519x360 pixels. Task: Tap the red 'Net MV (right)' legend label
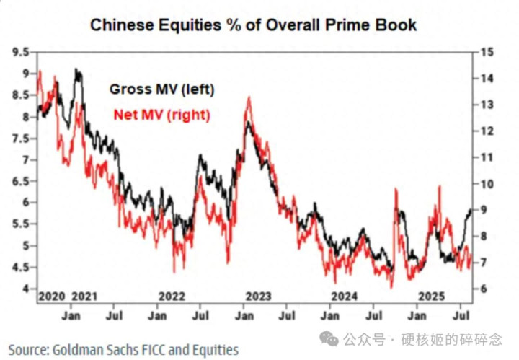tap(161, 114)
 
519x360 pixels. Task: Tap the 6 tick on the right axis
tap(482, 289)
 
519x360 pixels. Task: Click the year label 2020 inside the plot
tap(51, 297)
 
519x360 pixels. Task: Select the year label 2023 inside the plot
tap(257, 297)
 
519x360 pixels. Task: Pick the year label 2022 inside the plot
tap(172, 297)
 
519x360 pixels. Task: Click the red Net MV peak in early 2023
tap(249, 97)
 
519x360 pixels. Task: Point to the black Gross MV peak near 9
tap(76, 70)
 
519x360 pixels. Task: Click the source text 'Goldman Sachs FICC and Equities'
tap(144, 349)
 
